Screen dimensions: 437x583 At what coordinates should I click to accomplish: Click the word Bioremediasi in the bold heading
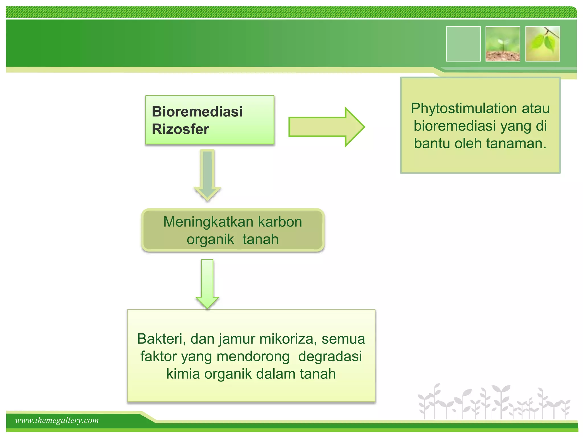197,111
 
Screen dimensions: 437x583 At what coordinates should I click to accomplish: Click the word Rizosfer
180,129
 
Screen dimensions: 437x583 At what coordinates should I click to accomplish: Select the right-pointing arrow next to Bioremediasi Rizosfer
326,127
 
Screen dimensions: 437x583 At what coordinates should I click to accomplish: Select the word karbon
280,222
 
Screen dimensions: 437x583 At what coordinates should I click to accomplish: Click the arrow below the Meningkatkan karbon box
207,283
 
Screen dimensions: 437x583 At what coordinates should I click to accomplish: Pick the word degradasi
330,356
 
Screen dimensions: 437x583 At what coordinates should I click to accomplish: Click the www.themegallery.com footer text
57,420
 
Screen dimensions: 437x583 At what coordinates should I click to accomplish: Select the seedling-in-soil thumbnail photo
503,44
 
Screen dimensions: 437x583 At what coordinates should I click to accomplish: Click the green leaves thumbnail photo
543,44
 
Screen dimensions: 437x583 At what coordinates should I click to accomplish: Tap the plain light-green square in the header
463,44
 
